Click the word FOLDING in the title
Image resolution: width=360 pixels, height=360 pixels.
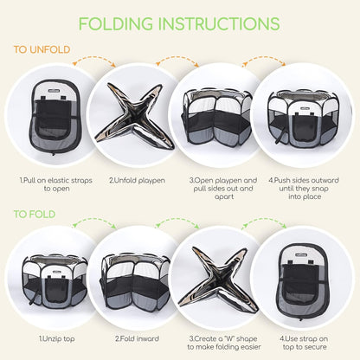point(116,23)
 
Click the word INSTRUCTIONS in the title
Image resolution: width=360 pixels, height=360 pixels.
point(219,23)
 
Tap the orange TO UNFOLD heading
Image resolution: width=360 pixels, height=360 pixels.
point(42,49)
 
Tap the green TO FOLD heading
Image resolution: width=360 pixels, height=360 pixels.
point(35,215)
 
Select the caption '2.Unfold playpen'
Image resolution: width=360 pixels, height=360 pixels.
point(138,181)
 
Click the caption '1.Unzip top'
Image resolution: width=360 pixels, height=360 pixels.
point(57,338)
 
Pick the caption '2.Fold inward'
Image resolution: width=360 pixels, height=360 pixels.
point(137,338)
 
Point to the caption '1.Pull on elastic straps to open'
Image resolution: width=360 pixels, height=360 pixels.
point(56,184)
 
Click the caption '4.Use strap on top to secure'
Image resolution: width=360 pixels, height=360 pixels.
point(304,343)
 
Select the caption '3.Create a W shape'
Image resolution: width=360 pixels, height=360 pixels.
point(223,338)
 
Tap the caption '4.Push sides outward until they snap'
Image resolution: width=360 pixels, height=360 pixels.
point(304,184)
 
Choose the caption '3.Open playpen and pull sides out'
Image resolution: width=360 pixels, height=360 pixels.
point(223,184)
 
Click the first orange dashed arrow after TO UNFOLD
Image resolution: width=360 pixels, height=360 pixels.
point(94,59)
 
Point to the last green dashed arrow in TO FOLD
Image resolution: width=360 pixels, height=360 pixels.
point(264,221)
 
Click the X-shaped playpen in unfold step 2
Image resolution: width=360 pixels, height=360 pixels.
point(134,116)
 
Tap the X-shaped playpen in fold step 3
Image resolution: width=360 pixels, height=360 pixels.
point(218,280)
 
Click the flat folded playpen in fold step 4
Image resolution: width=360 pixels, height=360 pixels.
point(303,281)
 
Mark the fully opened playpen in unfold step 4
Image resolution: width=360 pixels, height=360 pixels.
point(302,119)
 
